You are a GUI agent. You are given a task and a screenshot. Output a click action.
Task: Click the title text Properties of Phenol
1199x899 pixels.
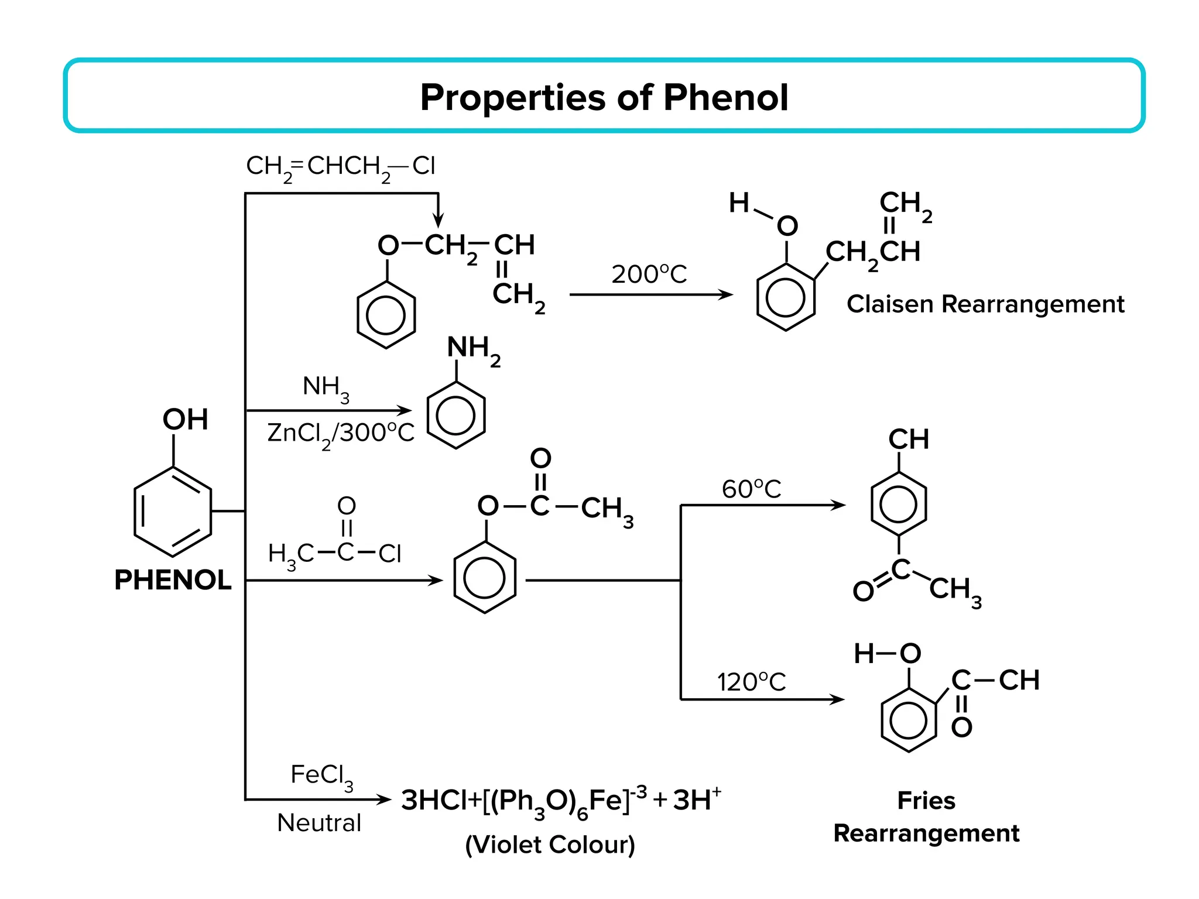pos(604,97)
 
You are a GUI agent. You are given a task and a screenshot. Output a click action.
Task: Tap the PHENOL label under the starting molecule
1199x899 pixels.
pos(173,580)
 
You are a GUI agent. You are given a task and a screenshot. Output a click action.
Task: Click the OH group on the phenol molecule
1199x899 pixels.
pos(185,419)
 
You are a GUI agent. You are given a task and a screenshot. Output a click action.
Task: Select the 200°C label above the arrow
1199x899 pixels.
pos(649,274)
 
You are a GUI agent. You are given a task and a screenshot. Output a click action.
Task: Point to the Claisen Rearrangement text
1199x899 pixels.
pos(985,304)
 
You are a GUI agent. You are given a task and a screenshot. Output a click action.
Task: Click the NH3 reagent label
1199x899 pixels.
pos(326,387)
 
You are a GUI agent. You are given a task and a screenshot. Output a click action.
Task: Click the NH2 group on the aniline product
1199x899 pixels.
pos(473,349)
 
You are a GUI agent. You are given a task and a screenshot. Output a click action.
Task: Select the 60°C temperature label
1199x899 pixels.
pos(751,489)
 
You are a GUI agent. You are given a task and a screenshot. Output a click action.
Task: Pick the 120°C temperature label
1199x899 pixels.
pos(751,682)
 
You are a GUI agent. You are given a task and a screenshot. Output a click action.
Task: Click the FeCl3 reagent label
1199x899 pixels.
pos(321,776)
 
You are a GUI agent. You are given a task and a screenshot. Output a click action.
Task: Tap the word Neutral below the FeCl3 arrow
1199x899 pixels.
pos(319,823)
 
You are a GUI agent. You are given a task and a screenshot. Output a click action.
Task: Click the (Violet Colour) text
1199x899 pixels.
pos(550,845)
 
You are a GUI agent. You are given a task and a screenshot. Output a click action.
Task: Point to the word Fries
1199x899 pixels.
pos(926,801)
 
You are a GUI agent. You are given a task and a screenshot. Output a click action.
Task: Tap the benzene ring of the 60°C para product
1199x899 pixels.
pos(898,504)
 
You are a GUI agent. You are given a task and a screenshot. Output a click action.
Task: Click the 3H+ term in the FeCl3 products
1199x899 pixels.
pos(697,800)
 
